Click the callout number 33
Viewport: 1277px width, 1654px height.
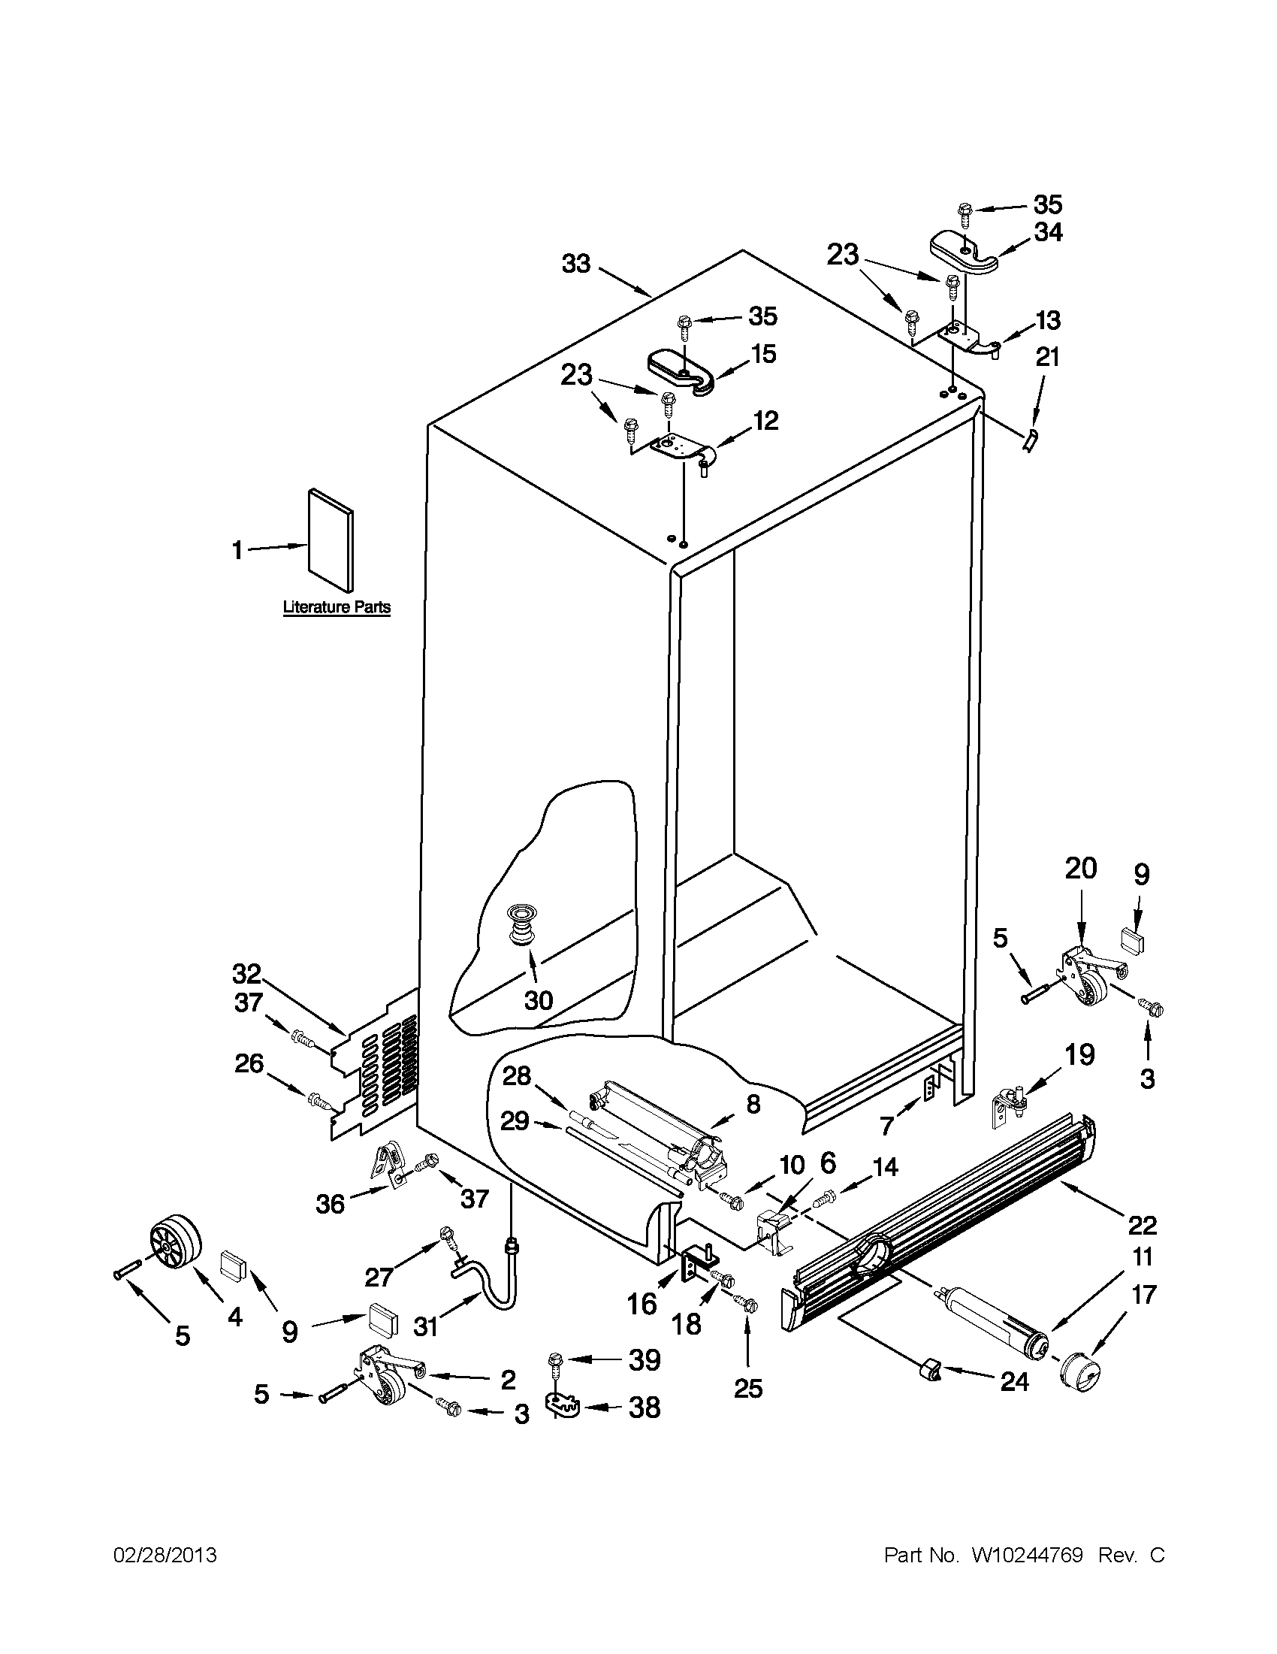coord(576,265)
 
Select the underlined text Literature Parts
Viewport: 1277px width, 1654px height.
coord(337,607)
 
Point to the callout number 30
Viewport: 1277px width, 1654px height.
coord(538,1000)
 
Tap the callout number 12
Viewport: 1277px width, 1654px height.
coord(765,420)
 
